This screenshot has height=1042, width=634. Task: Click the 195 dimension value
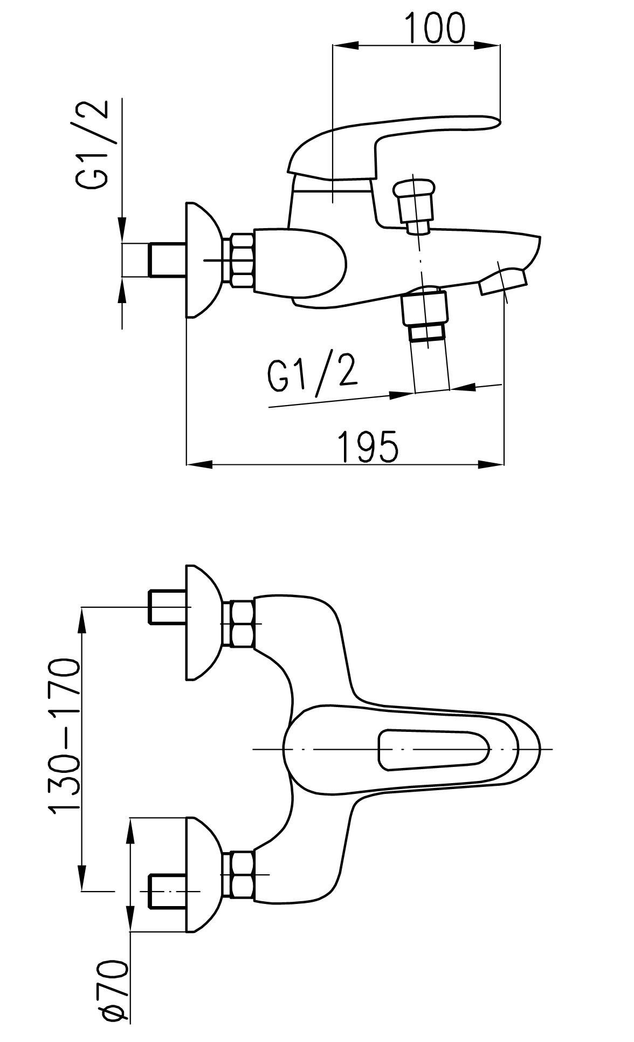point(368,446)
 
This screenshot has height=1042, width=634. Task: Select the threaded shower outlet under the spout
point(425,314)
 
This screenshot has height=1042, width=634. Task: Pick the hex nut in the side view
point(242,260)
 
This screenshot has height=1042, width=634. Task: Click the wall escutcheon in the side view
point(204,259)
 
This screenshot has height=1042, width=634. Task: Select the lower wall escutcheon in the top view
point(204,874)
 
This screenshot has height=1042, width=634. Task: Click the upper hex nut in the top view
point(242,623)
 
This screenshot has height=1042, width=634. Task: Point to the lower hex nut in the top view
point(242,874)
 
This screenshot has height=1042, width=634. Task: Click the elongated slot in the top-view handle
point(435,750)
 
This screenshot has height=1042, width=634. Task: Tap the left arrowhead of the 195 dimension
point(199,464)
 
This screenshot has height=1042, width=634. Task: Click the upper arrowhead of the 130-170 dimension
point(82,621)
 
